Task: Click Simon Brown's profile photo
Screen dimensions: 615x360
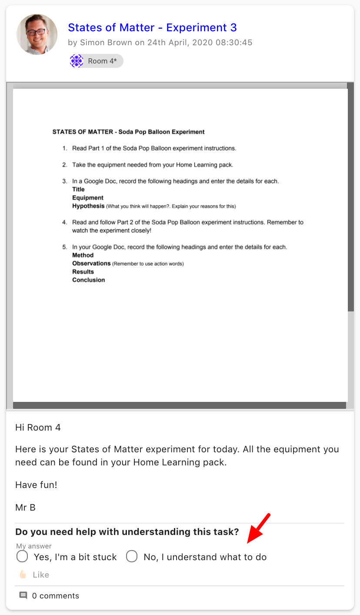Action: [37, 34]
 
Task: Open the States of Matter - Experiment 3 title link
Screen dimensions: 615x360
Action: [152, 27]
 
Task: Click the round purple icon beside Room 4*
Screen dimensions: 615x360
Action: [77, 61]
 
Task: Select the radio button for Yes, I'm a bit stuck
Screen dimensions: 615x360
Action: [22, 557]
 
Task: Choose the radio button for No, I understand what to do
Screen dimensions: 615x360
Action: [132, 557]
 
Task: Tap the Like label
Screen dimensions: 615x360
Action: [41, 575]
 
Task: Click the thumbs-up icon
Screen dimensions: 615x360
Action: [23, 575]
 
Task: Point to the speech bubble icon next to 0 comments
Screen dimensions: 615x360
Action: [23, 595]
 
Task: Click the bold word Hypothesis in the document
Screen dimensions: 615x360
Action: [88, 206]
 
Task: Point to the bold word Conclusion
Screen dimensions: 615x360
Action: [89, 280]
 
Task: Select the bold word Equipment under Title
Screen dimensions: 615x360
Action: [87, 197]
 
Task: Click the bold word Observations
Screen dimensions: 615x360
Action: [91, 263]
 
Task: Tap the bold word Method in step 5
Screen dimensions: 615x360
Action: [83, 255]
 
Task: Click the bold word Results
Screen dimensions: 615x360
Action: [83, 271]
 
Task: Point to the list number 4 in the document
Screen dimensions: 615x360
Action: [64, 222]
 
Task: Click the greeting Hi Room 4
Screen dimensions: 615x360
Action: [38, 427]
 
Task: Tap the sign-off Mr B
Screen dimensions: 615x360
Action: [25, 507]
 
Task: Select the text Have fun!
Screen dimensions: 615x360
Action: [36, 485]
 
